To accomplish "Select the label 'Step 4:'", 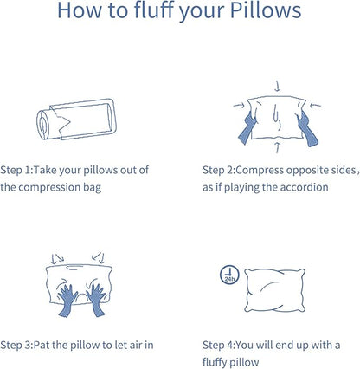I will click(x=222, y=344).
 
